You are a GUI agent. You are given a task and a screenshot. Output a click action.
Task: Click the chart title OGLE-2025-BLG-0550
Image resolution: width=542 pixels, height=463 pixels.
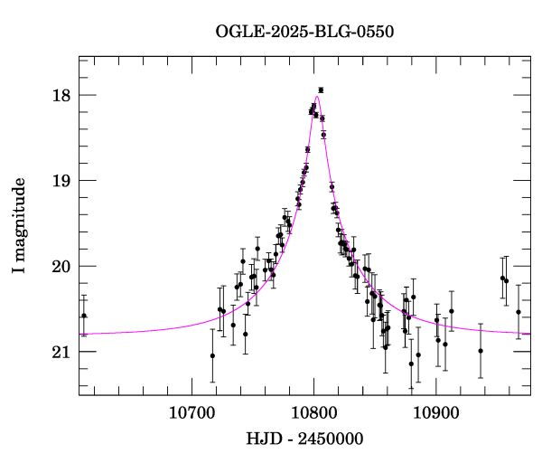[304, 32]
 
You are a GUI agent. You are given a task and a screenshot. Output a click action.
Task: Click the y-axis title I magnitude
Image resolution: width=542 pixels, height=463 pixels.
[19, 226]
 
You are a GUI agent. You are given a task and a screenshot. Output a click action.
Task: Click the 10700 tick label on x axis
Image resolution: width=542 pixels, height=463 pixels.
[193, 412]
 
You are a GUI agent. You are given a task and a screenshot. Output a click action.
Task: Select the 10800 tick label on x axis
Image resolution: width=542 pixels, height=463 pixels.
[314, 412]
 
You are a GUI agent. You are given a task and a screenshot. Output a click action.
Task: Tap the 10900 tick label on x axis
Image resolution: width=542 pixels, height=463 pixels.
[436, 412]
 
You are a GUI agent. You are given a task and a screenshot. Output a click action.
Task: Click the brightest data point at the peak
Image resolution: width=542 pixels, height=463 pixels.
[321, 90]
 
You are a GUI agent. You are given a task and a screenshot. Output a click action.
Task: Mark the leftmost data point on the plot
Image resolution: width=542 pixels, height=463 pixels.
[84, 316]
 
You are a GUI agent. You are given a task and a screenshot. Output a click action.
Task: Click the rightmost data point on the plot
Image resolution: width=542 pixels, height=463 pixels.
[519, 312]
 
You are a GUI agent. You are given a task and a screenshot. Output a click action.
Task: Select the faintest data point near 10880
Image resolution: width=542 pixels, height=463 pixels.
[411, 364]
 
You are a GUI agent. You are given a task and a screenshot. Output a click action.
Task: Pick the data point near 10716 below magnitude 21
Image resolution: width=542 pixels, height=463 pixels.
[212, 355]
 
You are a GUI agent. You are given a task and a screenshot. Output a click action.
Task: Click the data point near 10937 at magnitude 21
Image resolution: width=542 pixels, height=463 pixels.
[481, 351]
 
